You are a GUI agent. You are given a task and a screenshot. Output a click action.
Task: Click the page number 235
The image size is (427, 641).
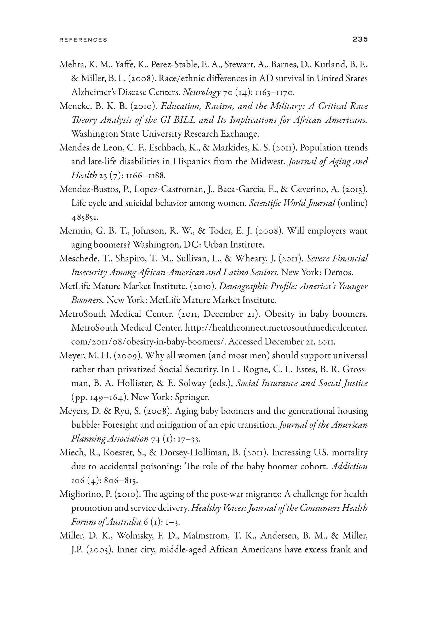click(360, 39)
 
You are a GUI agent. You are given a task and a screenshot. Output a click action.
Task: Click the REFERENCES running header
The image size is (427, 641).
click(83, 40)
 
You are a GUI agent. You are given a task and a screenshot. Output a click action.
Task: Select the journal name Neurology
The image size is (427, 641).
click(202, 92)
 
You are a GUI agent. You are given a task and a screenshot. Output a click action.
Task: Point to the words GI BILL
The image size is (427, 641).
click(178, 120)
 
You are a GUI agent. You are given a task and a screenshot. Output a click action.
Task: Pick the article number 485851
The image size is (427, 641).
click(84, 217)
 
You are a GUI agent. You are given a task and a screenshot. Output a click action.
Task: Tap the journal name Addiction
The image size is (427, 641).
click(349, 466)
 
